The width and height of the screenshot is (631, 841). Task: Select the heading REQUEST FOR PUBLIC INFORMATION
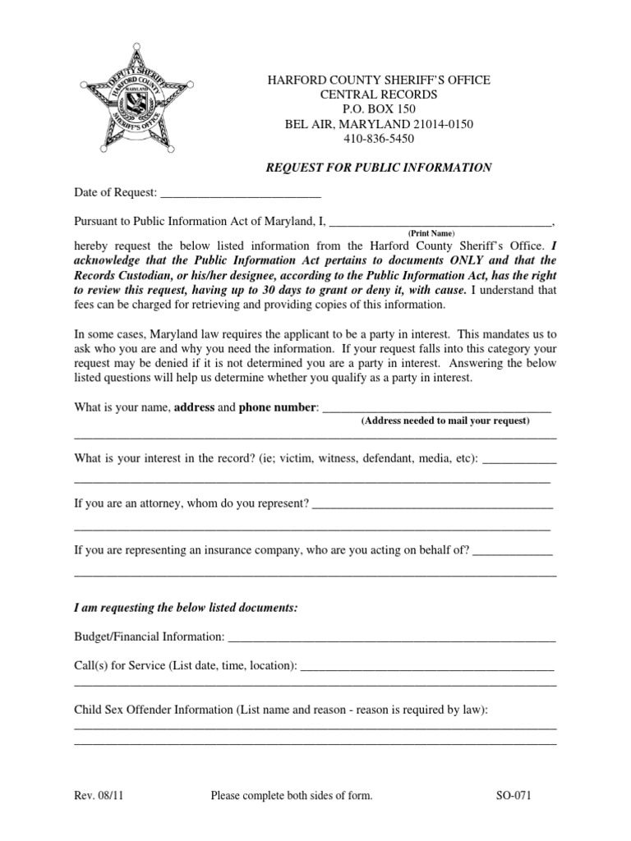coord(378,168)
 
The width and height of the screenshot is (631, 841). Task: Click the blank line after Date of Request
coord(240,194)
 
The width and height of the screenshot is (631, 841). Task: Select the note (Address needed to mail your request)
coord(446,420)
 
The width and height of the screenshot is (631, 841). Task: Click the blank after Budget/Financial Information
coord(391,636)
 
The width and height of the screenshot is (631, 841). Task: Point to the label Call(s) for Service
coord(119,666)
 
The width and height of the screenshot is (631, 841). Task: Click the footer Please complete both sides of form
coord(292,795)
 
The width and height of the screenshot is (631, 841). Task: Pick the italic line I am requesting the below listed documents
coord(186,608)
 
